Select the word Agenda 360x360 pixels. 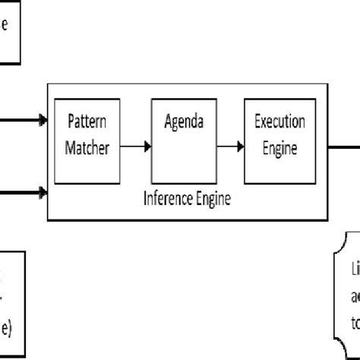[x=180, y=122]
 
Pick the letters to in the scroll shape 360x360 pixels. [x=354, y=320]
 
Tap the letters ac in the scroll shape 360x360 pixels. [x=354, y=295]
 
